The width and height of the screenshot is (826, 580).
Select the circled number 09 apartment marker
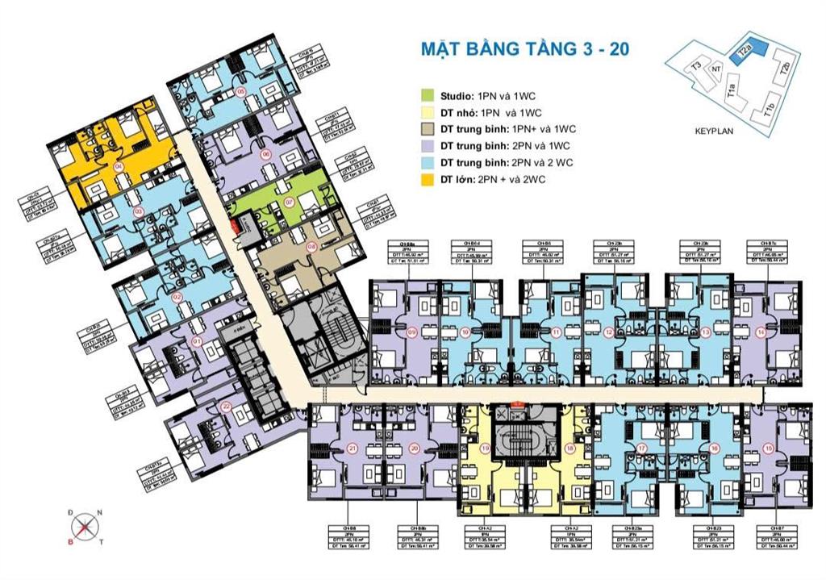412,332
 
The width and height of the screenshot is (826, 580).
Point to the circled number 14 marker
760,332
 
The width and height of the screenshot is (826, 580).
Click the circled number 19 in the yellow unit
486,448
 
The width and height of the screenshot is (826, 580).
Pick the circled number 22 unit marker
227,406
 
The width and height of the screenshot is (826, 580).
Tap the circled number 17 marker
642,448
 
